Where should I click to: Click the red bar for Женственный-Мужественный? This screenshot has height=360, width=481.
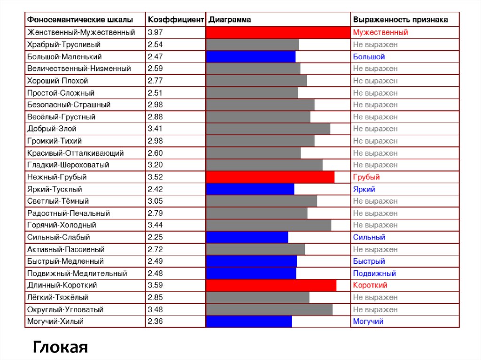278,32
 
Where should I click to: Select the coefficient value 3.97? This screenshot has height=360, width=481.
155,32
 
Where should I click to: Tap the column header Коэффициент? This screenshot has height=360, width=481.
176,20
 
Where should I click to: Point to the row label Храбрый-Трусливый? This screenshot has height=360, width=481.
64,45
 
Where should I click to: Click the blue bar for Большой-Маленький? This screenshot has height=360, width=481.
251,57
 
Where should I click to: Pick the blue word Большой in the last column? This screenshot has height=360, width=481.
369,57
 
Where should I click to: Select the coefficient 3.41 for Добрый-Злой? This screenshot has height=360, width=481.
155,129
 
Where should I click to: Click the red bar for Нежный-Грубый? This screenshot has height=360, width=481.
270,177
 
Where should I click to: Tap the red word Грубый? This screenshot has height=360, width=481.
366,177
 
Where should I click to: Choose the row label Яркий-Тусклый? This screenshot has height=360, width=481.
55,189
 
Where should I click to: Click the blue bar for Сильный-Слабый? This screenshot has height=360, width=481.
247,237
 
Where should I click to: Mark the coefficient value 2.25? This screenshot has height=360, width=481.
155,237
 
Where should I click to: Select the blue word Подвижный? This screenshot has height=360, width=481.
374,273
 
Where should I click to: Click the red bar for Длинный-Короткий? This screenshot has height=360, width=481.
271,285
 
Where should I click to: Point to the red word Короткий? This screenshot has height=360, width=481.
370,285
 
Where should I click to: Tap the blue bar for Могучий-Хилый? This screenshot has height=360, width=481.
249,322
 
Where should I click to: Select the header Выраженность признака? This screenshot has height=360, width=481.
400,20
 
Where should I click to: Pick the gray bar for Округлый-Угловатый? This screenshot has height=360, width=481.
269,310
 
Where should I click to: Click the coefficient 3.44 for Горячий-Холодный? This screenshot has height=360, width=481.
155,225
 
